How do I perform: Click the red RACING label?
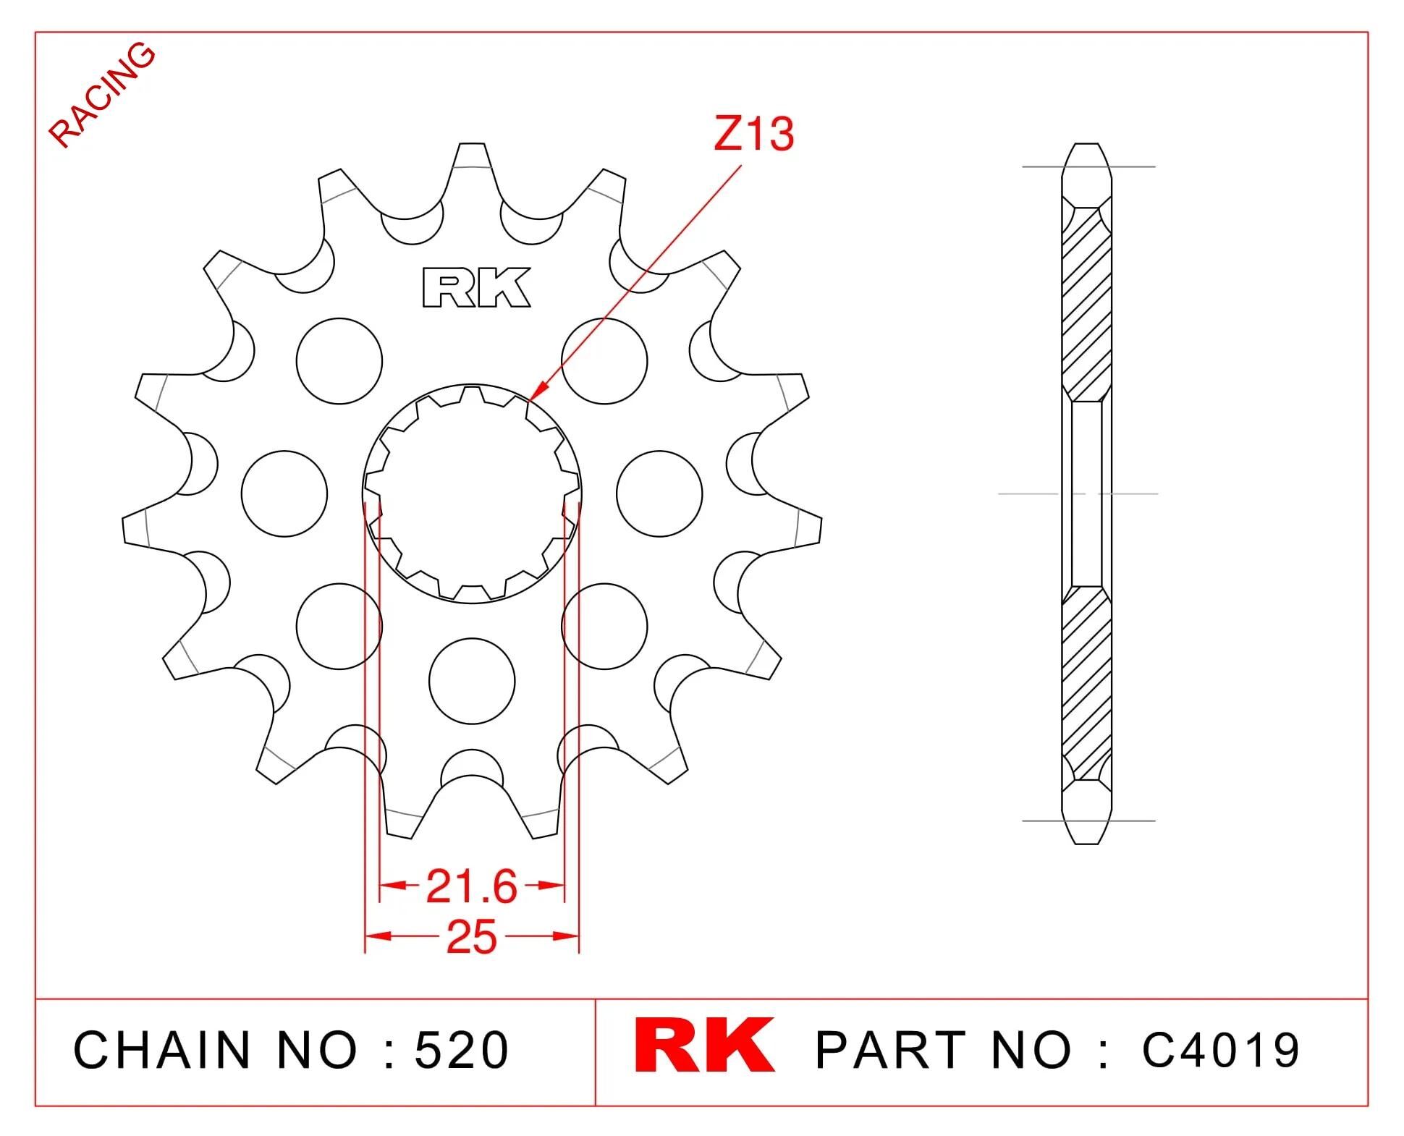click(x=102, y=94)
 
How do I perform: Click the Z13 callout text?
click(x=753, y=135)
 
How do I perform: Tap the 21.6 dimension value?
click(x=472, y=886)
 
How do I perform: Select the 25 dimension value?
click(x=472, y=938)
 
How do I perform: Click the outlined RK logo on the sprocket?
click(x=476, y=288)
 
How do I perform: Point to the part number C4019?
click(x=1221, y=1050)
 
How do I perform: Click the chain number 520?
click(x=462, y=1050)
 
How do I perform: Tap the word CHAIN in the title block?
click(x=162, y=1050)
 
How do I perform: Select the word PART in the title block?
click(x=892, y=1050)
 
